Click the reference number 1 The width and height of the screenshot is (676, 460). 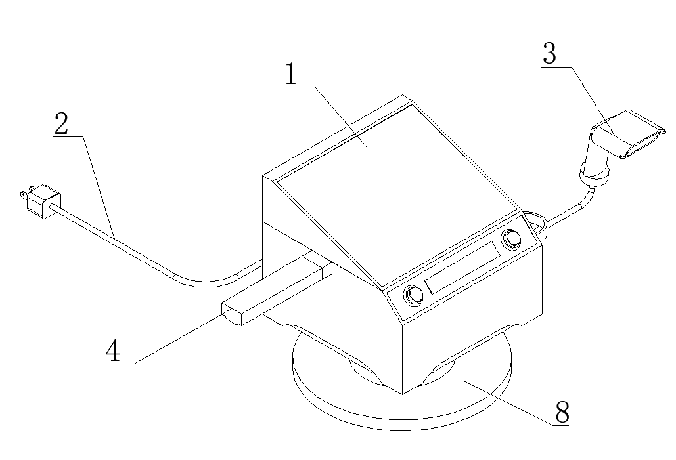point(292,74)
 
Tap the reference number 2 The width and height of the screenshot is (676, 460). point(61,124)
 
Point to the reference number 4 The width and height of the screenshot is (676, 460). point(113,350)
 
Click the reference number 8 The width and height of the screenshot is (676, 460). point(562,412)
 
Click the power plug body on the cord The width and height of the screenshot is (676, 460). point(43,200)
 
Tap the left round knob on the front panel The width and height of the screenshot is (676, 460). point(413,295)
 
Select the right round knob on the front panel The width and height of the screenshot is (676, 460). point(511,239)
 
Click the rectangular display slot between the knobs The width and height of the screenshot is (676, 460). point(461,267)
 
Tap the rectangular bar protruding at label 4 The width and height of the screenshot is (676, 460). point(276,291)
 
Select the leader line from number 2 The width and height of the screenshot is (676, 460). point(99,186)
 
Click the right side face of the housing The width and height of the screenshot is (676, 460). point(472,319)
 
